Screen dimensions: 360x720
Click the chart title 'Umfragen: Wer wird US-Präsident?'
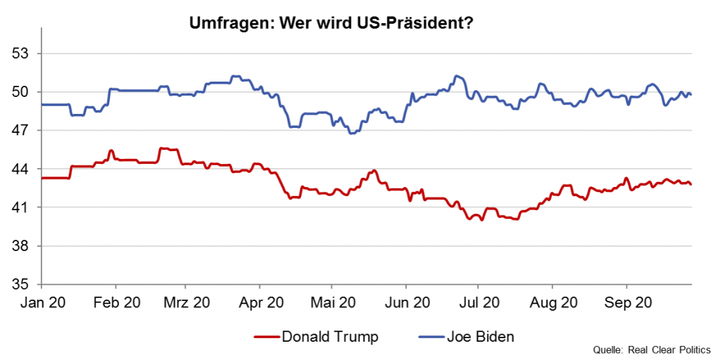pyautogui.click(x=330, y=23)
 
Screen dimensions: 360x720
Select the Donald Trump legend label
pyautogui.click(x=330, y=337)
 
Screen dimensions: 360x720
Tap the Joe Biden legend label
pyautogui.click(x=480, y=337)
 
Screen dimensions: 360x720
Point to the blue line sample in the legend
pyautogui.click(x=430, y=337)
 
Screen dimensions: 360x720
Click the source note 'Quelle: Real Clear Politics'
pyautogui.click(x=652, y=349)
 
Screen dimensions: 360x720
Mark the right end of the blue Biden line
pyautogui.click(x=691, y=94)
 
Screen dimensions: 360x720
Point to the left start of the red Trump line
pyautogui.click(x=42, y=178)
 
